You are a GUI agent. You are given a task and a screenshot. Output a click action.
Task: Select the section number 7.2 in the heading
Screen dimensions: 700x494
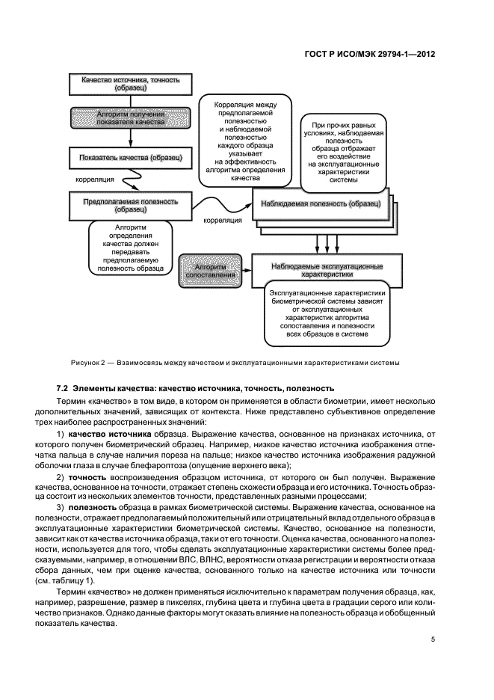pyautogui.click(x=64, y=389)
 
